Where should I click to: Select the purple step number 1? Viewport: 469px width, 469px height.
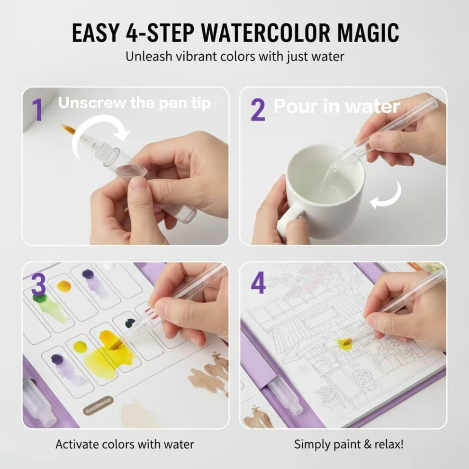point(37,110)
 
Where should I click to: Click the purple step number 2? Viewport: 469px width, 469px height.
point(258,110)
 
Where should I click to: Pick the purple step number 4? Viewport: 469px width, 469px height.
point(258,283)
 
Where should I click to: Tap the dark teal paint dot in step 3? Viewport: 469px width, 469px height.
point(130,323)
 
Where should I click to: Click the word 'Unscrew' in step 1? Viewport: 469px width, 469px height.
point(92,103)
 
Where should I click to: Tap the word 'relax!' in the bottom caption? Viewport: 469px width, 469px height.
point(388,444)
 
